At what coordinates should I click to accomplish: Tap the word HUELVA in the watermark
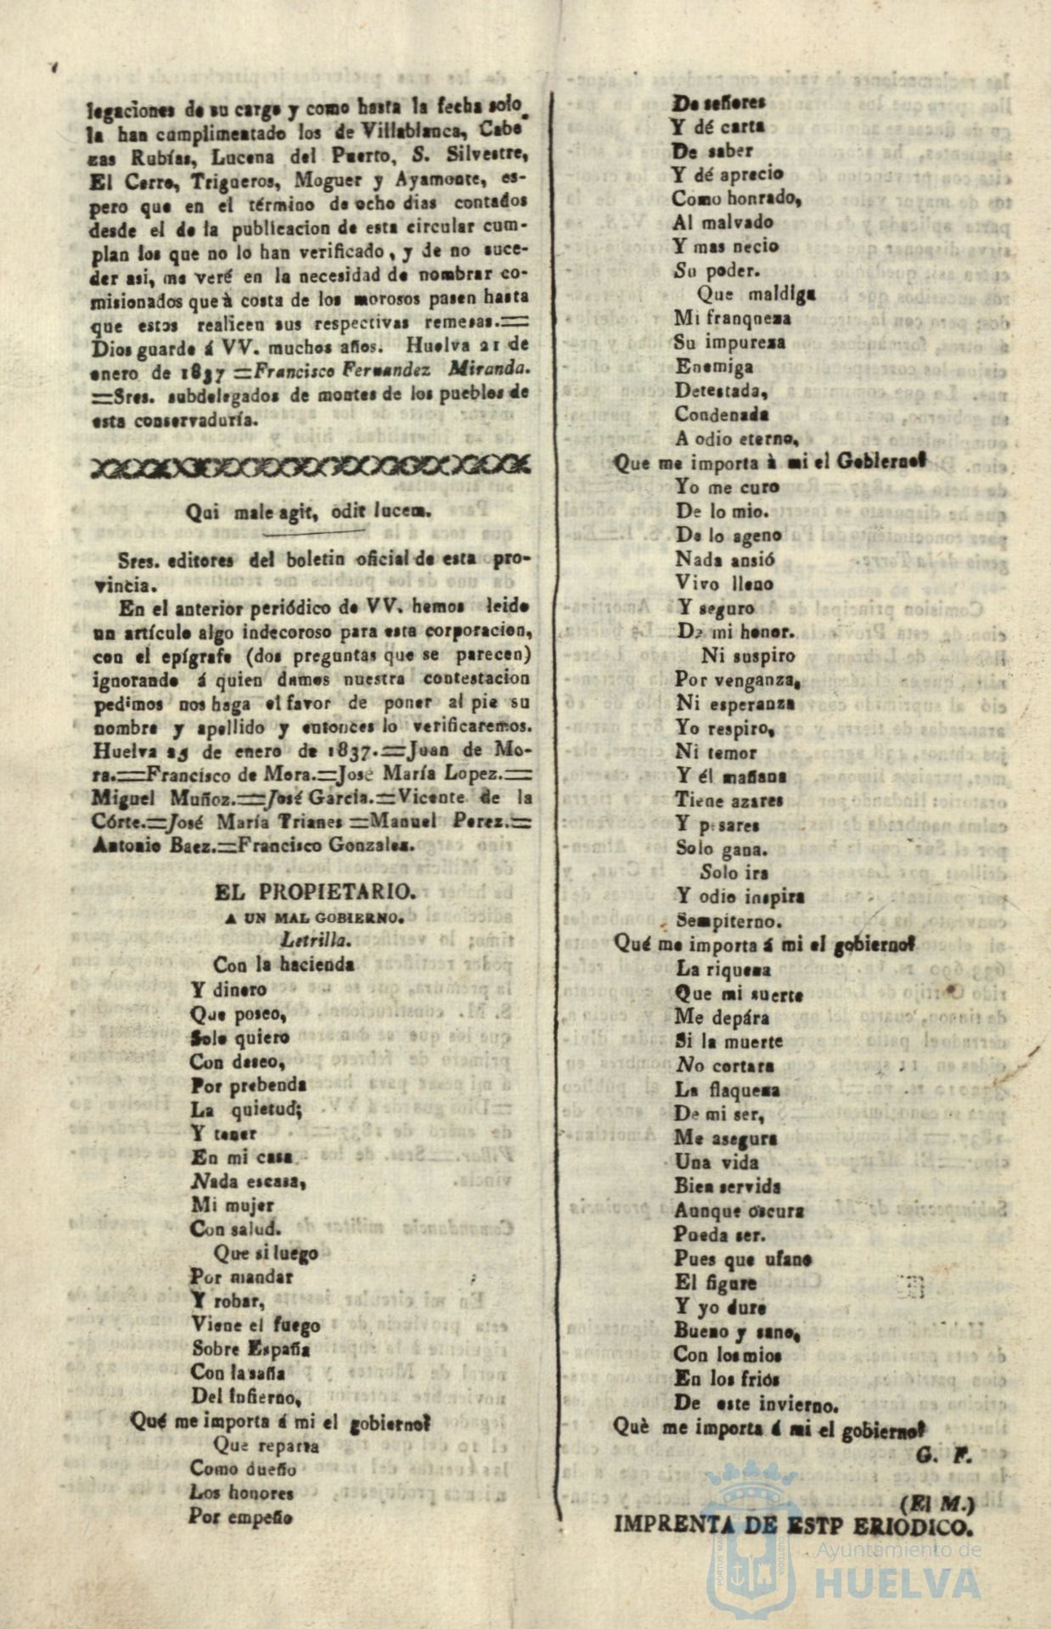click(x=898, y=1583)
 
